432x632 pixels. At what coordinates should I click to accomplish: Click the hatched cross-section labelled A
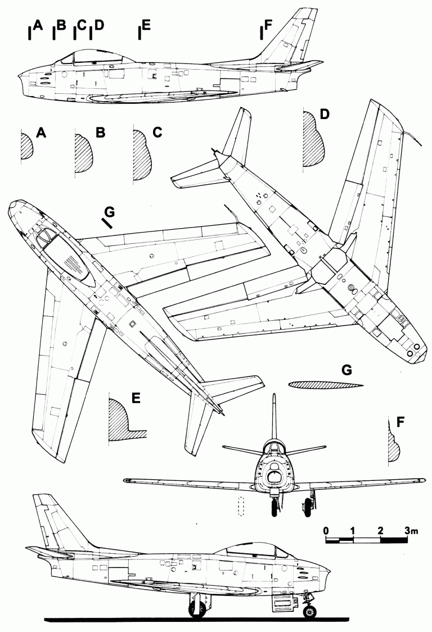(26, 147)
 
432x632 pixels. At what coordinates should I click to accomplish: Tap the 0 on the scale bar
(326, 530)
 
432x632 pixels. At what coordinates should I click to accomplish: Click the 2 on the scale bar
(381, 530)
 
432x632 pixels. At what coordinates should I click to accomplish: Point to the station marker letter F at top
(268, 25)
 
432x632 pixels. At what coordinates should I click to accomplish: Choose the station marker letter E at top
(146, 25)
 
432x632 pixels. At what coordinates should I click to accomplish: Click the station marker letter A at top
(38, 25)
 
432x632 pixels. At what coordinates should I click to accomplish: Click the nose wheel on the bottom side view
(309, 610)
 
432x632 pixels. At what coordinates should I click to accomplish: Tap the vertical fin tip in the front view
(273, 397)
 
